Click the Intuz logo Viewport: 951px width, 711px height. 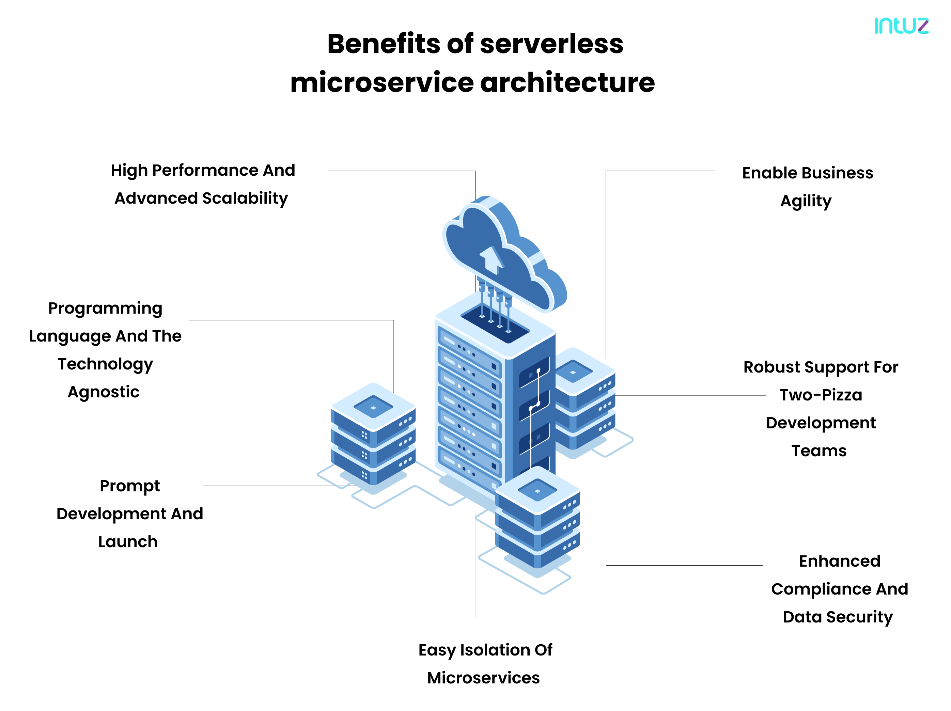(901, 26)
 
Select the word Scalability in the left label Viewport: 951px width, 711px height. (245, 199)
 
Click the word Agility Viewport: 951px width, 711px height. (806, 201)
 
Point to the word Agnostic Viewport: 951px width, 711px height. (104, 392)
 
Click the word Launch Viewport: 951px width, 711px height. (128, 542)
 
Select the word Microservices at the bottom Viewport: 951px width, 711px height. (483, 678)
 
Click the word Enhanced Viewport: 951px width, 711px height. (839, 561)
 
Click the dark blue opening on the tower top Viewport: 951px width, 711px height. (495, 325)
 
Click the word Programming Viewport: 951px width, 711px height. (105, 309)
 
